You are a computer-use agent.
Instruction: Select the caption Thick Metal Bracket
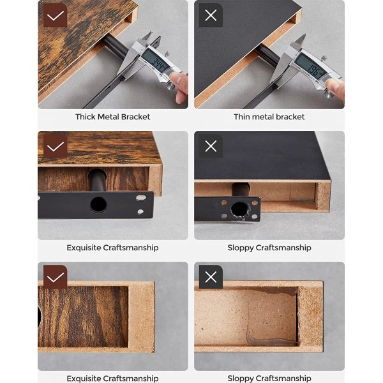(113, 117)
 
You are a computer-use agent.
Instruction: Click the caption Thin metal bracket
(269, 117)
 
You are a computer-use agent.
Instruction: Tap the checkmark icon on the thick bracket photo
(56, 15)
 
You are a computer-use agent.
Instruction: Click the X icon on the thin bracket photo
(211, 15)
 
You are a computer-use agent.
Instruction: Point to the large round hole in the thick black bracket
(98, 205)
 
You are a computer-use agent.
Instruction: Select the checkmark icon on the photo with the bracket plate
(56, 146)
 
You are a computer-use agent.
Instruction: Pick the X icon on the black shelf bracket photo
(211, 146)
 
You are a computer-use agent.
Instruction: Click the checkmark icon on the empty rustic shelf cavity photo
(56, 277)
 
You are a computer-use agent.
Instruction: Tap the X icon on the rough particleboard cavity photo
(211, 277)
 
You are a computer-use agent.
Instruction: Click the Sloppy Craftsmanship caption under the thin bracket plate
(269, 248)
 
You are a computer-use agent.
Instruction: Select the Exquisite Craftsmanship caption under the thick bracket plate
(113, 248)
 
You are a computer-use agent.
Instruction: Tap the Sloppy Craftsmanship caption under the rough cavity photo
(269, 378)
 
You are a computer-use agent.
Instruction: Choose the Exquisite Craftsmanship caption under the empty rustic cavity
(113, 378)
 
